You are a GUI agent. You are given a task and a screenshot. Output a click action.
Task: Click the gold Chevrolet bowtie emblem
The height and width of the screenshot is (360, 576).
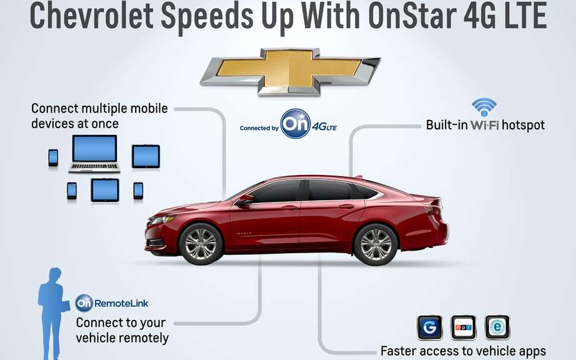point(290,72)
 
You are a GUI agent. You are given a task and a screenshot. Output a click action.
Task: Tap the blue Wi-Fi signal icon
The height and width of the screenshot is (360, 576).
point(484,107)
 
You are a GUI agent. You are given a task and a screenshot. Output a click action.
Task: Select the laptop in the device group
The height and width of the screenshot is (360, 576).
point(94,154)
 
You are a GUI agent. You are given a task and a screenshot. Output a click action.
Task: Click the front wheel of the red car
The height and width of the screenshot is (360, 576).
point(201,244)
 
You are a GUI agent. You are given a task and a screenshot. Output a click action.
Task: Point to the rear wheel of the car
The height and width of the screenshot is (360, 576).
point(375,244)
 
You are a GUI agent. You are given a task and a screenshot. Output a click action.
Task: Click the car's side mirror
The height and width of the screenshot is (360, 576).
point(244,201)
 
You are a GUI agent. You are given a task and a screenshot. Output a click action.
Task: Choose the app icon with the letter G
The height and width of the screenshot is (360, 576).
point(429,327)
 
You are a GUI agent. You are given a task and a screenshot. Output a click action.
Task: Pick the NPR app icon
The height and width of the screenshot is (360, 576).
point(463,327)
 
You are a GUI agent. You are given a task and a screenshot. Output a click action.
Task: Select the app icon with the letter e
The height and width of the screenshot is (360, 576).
point(497,327)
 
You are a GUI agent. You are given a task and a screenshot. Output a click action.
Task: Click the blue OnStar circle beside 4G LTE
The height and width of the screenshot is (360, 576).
point(295,124)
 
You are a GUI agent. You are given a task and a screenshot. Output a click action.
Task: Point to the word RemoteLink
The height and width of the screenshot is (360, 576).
point(122,303)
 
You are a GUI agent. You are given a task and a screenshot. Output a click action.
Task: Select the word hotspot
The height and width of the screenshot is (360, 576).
point(523,125)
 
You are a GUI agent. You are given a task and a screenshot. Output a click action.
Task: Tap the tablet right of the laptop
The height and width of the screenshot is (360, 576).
point(146,156)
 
